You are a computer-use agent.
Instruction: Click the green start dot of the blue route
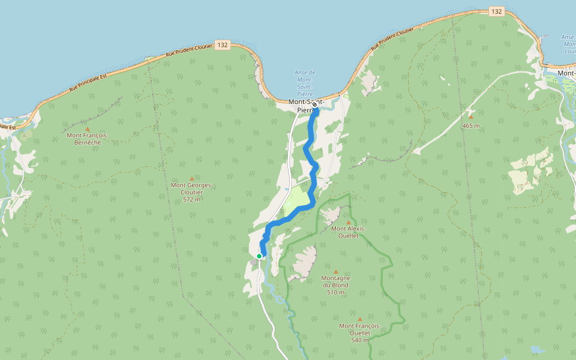point(259,256)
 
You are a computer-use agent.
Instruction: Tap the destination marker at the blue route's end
point(314,104)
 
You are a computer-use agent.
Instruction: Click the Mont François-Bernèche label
point(88,139)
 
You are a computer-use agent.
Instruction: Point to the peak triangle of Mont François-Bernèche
point(88,129)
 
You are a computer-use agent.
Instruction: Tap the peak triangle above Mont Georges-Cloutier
point(192,178)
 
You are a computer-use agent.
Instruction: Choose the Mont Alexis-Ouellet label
point(348,232)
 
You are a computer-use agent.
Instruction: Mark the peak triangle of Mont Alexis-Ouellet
point(348,222)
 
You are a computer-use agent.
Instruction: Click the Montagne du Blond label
point(335,281)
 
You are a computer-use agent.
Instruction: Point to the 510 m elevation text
point(335,292)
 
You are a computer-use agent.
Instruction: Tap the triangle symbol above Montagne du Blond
point(335,271)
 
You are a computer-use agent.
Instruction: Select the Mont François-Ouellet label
point(359,329)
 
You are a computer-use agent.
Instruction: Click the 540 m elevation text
point(360,340)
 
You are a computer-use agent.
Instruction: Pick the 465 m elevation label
point(471,125)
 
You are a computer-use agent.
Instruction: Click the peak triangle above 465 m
point(471,117)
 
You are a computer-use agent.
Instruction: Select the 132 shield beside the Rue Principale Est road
point(223,45)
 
